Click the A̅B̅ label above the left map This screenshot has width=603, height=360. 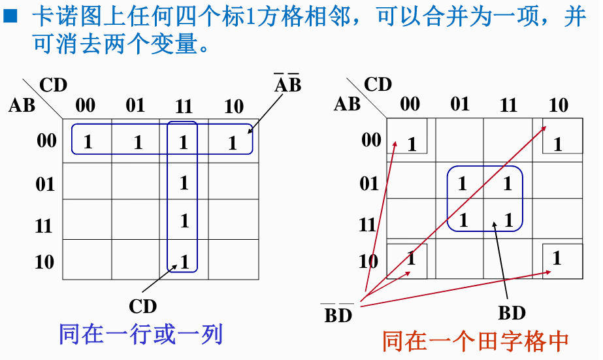287,85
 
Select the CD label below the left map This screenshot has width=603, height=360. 142,306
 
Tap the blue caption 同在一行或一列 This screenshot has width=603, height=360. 140,335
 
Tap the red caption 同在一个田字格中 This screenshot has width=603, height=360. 475,340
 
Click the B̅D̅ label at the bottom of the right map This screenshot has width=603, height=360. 338,316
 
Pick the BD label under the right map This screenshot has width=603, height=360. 511,313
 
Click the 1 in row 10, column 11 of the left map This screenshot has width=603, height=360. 184,263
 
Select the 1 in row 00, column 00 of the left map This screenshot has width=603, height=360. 88,142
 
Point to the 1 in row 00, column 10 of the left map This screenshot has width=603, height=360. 233,142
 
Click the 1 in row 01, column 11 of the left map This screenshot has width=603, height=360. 184,182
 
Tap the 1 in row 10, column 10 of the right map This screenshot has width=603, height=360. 557,258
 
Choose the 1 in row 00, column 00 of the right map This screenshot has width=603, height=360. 412,144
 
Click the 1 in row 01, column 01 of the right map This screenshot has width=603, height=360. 463,184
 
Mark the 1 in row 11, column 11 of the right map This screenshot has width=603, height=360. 508,220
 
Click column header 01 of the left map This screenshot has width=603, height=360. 135,105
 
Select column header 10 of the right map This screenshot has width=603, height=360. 558,105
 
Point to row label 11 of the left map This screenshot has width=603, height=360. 44,226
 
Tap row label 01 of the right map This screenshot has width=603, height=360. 369,184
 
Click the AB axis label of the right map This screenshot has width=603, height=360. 347,104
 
